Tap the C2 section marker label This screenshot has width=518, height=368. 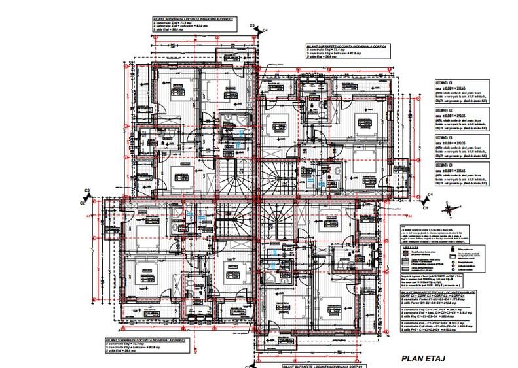83,203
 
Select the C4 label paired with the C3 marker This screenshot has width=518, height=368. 265,30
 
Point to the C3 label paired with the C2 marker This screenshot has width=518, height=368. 86,190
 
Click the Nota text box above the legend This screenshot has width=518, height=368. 436,231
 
